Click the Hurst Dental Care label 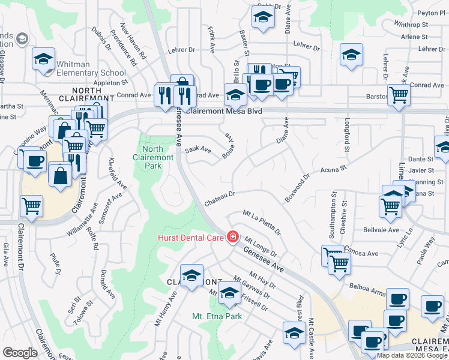coord(191,237)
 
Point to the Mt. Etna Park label coord(217,316)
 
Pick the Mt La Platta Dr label coord(262,221)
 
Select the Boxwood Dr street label coord(297,188)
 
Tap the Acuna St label coord(334,171)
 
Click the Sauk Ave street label coord(198,149)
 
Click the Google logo coord(20,353)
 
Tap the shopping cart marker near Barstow coord(399,94)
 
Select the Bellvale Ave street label coord(381,230)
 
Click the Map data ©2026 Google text coord(412,355)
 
